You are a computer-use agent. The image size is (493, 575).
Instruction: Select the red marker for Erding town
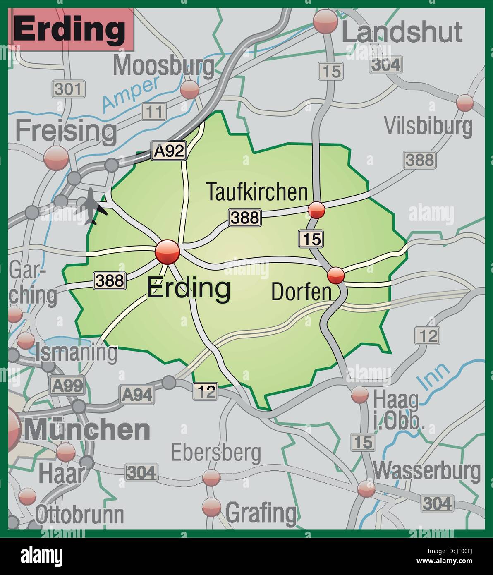(x=168, y=252)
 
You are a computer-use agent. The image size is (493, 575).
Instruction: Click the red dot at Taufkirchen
(x=317, y=210)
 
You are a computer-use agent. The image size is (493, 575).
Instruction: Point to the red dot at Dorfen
(x=336, y=275)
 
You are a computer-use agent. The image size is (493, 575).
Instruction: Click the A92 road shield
(x=169, y=151)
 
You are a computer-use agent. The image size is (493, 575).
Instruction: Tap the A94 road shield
(x=136, y=394)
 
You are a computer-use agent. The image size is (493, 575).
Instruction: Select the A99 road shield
(x=67, y=386)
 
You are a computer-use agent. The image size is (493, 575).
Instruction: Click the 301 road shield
(x=68, y=89)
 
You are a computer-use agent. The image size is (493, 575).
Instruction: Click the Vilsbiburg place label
(x=428, y=126)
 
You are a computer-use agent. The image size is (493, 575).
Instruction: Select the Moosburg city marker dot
(x=190, y=89)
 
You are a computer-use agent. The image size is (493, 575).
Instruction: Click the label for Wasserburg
(x=427, y=471)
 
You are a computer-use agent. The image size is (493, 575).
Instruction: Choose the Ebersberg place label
(x=216, y=453)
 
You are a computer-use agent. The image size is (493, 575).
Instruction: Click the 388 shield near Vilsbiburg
(x=419, y=160)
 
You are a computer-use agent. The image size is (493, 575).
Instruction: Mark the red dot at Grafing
(x=212, y=507)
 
